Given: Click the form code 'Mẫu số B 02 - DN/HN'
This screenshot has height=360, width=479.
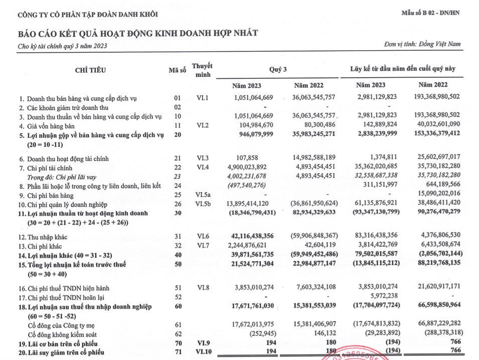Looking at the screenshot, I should point(430,13).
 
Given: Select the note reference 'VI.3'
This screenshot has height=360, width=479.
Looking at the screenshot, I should point(202,158).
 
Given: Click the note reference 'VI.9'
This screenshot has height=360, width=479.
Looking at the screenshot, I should point(202,343).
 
